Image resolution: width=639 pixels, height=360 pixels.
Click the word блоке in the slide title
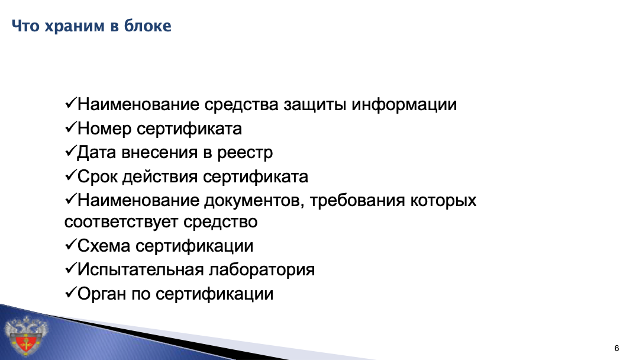pos(147,25)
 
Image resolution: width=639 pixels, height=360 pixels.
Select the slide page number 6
pos(617,348)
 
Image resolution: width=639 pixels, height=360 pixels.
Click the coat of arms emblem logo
pos(25,335)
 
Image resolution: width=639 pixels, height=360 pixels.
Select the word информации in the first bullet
pos(404,105)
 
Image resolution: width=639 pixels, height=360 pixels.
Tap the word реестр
pos(244,153)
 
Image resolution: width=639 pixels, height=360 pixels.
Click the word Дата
pos(97,153)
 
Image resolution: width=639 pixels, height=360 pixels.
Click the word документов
pos(254,201)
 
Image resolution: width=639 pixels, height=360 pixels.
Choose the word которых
pos(443,201)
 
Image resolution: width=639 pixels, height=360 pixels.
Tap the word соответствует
pos(121,222)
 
